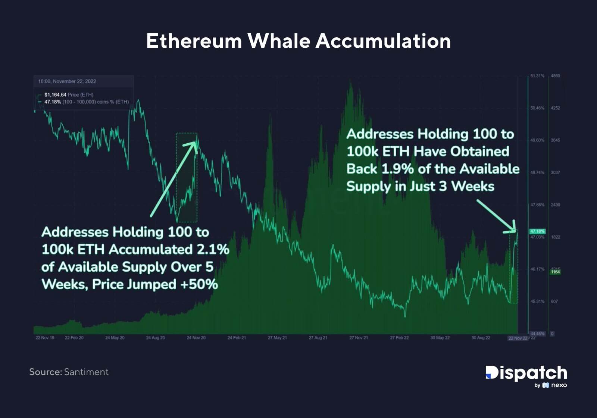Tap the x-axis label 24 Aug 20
coord(155,338)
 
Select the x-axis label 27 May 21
coord(277,338)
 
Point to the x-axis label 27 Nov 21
coord(359,338)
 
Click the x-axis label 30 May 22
coord(440,338)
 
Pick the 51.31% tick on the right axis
coord(537,76)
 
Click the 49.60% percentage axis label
coord(537,140)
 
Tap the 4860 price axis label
coord(555,76)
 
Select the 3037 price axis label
coord(555,172)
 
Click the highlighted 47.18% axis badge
coord(537,231)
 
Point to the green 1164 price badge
coord(555,272)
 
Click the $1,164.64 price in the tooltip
coord(55,95)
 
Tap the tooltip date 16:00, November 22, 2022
coord(67,81)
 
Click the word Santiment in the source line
coord(86,372)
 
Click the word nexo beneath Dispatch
coord(559,385)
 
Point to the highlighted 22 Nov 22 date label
coord(518,338)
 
